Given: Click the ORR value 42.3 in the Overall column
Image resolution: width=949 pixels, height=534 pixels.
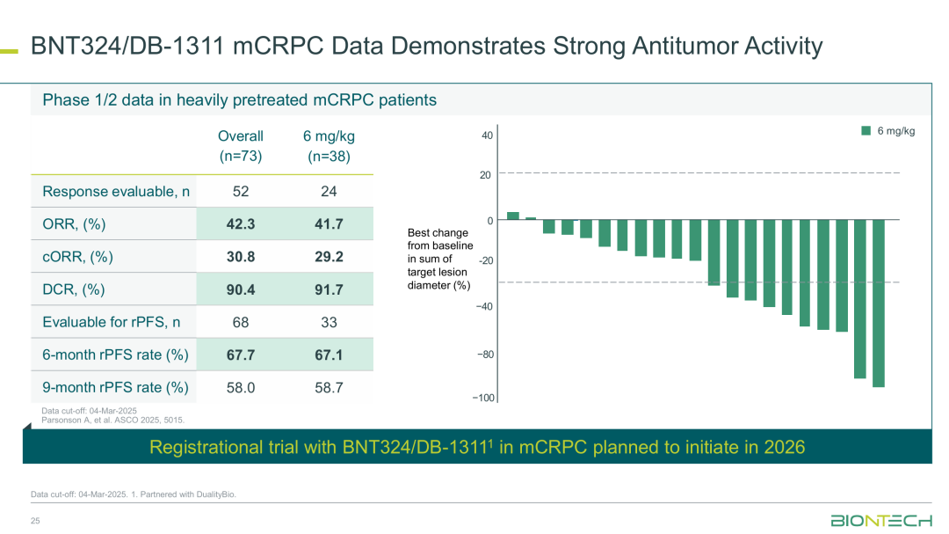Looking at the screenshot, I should point(241,224).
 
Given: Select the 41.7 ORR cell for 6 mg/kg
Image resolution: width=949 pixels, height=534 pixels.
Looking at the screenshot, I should point(329,224).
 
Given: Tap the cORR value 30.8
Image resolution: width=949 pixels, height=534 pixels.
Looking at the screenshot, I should point(241,257).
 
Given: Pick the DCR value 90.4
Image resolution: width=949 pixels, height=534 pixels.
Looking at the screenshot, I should point(241,289).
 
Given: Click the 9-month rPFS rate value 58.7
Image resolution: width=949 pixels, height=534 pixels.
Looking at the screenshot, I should point(329,387).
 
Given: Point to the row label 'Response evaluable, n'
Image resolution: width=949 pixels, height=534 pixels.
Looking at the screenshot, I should point(116,192).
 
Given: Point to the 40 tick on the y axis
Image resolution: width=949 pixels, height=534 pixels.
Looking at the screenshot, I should point(487,136).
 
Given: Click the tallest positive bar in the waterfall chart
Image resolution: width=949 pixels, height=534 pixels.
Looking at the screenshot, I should point(513,216).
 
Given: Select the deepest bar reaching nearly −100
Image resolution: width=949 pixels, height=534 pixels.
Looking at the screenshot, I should point(878,304).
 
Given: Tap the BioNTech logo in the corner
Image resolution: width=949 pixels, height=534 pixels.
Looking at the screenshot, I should point(881,521).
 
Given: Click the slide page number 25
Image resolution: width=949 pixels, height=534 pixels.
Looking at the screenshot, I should point(35,522).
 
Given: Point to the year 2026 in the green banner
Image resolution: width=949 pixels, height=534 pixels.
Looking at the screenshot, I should point(785,447).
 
